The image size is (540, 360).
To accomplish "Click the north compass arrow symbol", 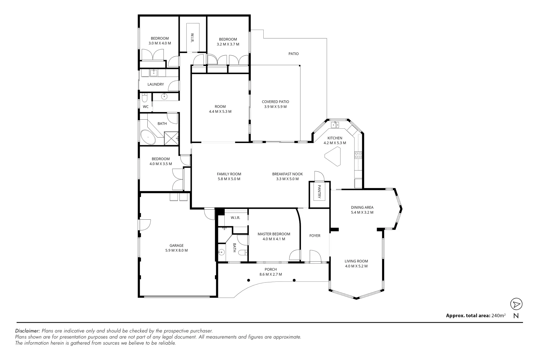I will (516, 304).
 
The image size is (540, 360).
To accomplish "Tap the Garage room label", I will (176, 246).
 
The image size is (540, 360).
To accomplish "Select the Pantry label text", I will (319, 192).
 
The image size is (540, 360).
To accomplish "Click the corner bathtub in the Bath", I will (148, 137).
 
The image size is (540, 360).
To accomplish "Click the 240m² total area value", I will (498, 315).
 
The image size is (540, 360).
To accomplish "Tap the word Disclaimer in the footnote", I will (28, 331).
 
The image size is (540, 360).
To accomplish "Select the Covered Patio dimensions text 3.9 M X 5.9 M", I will (275, 107).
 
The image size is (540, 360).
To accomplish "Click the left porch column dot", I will (249, 280).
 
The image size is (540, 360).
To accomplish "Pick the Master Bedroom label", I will (274, 234).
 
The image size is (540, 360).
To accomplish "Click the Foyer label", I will (315, 236).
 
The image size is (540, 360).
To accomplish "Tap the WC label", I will (146, 107).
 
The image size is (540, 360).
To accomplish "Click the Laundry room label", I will (156, 84).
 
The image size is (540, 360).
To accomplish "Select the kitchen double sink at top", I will (335, 125).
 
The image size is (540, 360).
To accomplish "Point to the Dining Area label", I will (362, 207).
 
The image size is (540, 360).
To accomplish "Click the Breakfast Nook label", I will (287, 174).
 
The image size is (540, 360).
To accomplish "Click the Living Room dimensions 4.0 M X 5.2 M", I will (356, 266).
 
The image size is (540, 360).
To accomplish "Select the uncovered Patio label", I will (293, 54).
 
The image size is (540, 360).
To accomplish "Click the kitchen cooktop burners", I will (358, 155).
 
